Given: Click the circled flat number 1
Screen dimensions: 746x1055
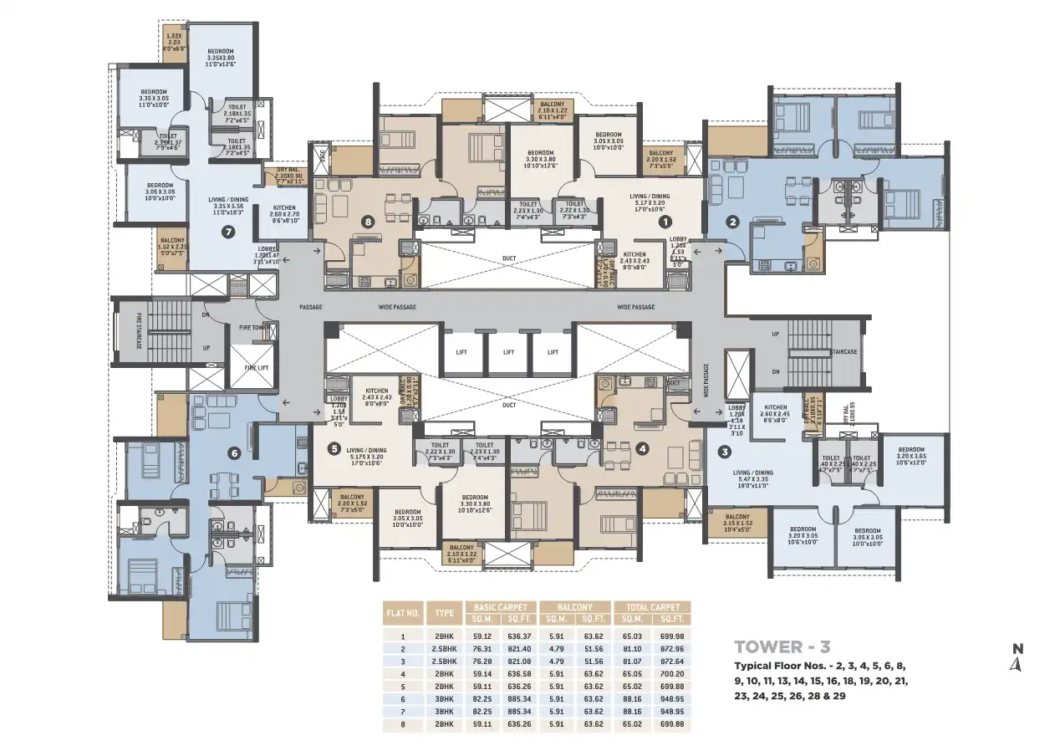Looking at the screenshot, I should point(665,222).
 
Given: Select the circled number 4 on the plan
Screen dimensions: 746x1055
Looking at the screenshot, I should point(642,448).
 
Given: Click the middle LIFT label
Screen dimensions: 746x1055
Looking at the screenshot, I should point(507,352).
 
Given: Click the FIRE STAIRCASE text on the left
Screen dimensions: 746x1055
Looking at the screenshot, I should point(140,331).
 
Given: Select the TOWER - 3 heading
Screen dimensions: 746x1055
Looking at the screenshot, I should point(782,646).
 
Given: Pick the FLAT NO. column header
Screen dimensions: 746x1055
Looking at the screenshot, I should point(403,613).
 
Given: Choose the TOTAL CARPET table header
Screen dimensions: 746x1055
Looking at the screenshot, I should point(652,606).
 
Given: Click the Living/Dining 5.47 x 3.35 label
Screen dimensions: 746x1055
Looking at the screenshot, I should point(753,478).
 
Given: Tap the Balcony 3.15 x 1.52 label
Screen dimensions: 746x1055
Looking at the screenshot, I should point(736,523).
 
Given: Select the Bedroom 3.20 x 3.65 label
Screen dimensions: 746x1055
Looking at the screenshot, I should point(910,456).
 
